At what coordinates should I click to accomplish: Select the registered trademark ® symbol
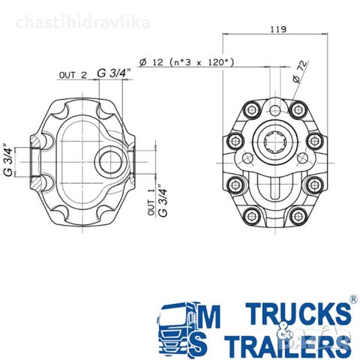point(352,298)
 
